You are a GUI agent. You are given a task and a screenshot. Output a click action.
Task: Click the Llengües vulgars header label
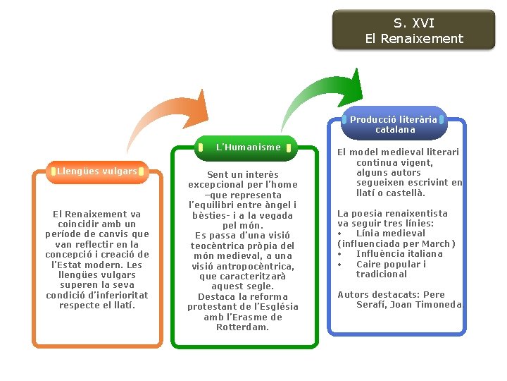pyautogui.click(x=97, y=171)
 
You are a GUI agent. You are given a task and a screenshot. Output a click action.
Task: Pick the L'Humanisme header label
pyautogui.click(x=248, y=147)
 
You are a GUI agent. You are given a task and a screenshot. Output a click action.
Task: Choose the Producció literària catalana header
pyautogui.click(x=394, y=124)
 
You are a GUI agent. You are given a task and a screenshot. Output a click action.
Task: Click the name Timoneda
pyautogui.click(x=437, y=304)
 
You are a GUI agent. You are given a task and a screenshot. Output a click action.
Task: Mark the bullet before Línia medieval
pyautogui.click(x=341, y=233)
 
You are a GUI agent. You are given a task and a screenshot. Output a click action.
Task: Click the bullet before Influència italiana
pyautogui.click(x=341, y=253)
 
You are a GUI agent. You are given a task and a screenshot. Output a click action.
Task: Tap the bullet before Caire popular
pyautogui.click(x=341, y=264)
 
